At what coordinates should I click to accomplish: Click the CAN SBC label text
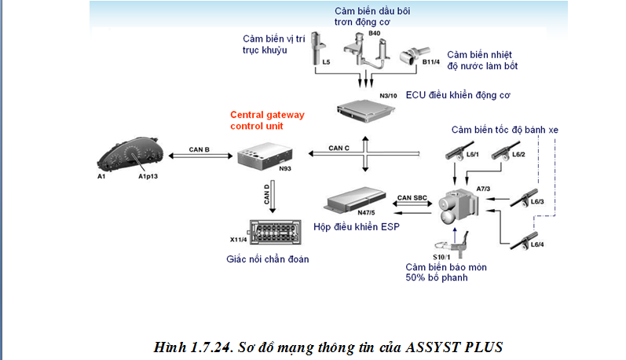[411, 197]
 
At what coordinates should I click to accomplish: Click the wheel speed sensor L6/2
[502, 153]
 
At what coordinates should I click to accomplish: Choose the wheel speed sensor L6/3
[525, 197]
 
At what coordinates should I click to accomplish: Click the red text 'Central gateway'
[267, 115]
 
